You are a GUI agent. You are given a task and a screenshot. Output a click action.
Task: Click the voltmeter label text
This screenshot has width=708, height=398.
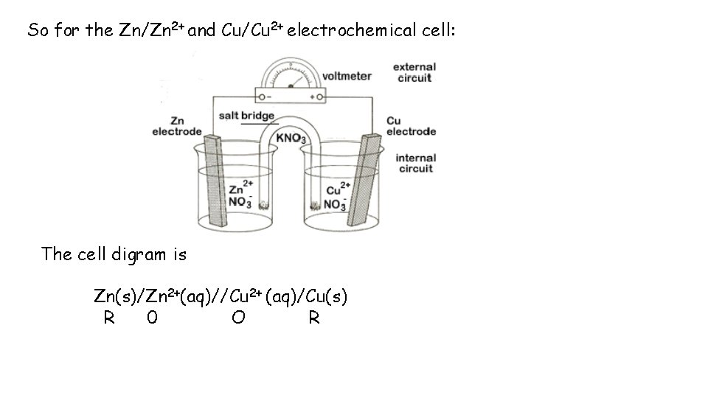[x=347, y=75]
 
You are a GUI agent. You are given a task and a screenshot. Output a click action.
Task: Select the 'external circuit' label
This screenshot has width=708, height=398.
[x=414, y=72]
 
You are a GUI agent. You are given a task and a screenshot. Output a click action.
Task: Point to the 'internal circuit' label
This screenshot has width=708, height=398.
[x=416, y=163]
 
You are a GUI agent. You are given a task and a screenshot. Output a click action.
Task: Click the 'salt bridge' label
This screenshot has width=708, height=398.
[x=246, y=115]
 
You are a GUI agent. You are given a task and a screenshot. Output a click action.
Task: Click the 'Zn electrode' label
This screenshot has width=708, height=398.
[x=177, y=126]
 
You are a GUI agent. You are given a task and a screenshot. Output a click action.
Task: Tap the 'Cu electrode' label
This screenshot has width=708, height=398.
[x=411, y=126]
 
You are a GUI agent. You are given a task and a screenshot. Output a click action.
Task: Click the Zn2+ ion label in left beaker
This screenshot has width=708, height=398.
[x=241, y=188]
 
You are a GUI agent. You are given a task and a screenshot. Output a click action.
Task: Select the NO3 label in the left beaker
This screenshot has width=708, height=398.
[x=240, y=201]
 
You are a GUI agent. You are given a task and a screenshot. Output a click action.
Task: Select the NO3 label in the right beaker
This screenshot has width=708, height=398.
[x=335, y=203]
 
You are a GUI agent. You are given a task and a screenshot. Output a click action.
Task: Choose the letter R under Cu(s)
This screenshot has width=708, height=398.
[x=314, y=318]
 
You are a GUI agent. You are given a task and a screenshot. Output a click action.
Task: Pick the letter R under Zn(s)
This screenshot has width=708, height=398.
[x=108, y=318]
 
